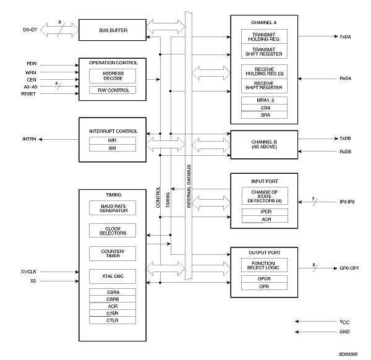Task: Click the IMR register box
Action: click(113, 140)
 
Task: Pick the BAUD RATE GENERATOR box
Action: click(113, 208)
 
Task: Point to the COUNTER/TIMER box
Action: click(113, 253)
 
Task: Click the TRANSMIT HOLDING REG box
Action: click(264, 36)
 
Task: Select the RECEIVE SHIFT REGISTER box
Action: click(264, 85)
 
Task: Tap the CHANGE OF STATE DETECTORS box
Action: click(264, 196)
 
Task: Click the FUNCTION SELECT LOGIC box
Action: click(264, 266)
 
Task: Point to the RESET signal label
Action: click(28, 94)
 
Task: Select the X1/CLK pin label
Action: click(28, 272)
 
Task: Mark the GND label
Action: click(344, 331)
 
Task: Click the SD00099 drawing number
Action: click(348, 354)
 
